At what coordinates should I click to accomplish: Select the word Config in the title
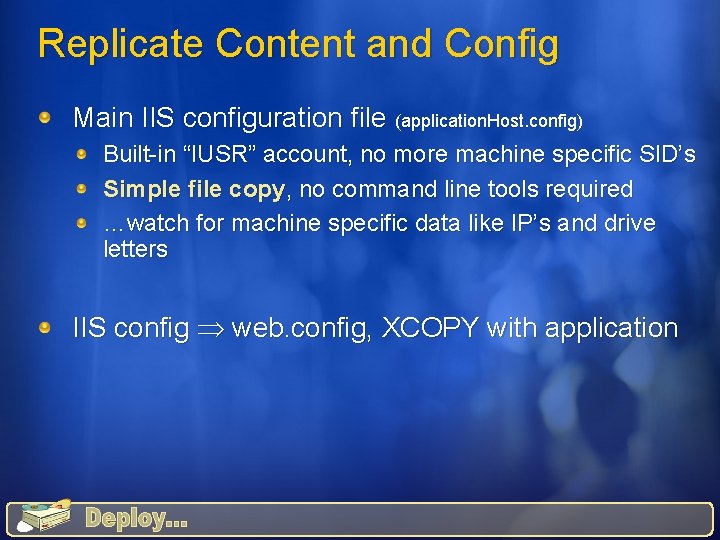pyautogui.click(x=501, y=44)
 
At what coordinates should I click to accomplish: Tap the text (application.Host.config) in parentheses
pyautogui.click(x=489, y=121)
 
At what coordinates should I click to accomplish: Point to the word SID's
pyautogui.click(x=664, y=155)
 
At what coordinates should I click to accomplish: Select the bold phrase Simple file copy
pyautogui.click(x=194, y=189)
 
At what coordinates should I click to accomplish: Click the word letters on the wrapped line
pyautogui.click(x=135, y=249)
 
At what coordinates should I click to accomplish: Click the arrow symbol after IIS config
pyautogui.click(x=210, y=329)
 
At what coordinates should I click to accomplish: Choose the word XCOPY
pyautogui.click(x=430, y=328)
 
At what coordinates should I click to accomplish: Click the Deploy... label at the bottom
pyautogui.click(x=136, y=518)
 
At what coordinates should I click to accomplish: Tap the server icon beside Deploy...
pyautogui.click(x=41, y=516)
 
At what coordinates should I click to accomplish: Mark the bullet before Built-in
pyautogui.click(x=88, y=155)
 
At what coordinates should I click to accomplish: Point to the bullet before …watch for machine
pyautogui.click(x=88, y=223)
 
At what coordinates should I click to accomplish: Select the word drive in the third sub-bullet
pyautogui.click(x=627, y=223)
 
